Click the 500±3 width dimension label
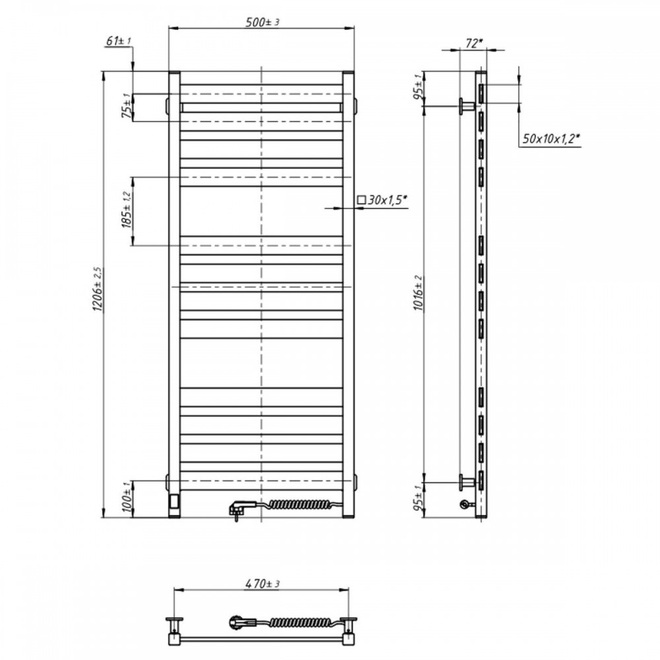click(262, 22)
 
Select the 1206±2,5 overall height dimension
click(98, 289)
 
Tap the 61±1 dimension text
click(119, 41)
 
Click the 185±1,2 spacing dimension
click(127, 211)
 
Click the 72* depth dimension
click(473, 44)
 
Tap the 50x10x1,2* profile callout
click(551, 139)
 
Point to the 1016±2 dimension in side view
click(418, 294)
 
